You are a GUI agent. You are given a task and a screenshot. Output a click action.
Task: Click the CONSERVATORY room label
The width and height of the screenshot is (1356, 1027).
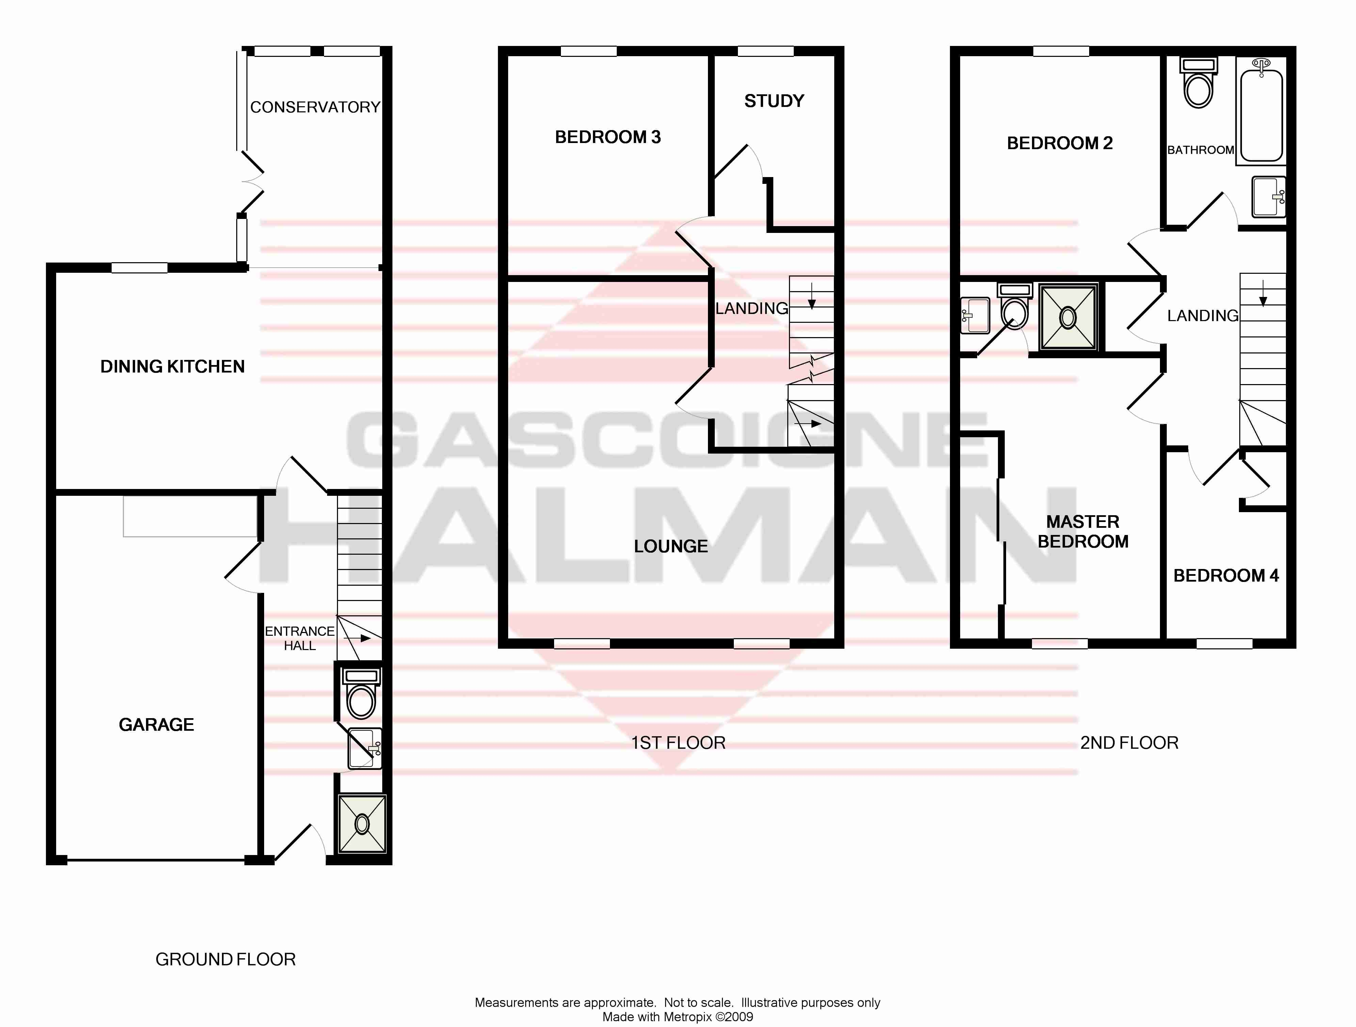click(x=315, y=107)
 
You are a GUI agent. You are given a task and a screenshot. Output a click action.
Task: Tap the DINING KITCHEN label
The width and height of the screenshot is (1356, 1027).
click(x=172, y=367)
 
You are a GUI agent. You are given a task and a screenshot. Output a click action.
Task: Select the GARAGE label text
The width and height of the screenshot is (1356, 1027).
click(x=156, y=725)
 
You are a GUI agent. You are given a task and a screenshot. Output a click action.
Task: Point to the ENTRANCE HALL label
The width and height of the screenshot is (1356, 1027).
click(x=300, y=638)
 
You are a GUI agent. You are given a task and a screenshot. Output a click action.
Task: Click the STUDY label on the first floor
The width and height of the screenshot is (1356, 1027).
click(x=774, y=101)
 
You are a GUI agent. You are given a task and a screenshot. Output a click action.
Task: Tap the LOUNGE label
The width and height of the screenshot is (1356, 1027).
click(x=671, y=546)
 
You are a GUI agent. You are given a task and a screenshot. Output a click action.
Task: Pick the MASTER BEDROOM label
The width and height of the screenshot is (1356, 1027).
click(x=1083, y=532)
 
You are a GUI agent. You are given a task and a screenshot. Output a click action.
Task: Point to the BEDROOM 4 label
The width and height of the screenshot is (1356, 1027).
click(x=1226, y=576)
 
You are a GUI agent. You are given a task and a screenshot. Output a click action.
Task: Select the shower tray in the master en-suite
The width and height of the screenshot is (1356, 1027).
click(x=1067, y=317)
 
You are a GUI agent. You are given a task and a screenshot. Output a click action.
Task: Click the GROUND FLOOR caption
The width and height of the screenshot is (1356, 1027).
click(x=226, y=960)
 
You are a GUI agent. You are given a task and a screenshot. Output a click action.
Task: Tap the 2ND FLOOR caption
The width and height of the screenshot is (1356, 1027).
click(x=1129, y=743)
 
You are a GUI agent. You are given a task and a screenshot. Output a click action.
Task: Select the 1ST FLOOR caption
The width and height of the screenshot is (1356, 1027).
click(x=678, y=743)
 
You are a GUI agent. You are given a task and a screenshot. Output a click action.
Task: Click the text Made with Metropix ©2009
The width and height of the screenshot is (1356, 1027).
click(x=677, y=1017)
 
